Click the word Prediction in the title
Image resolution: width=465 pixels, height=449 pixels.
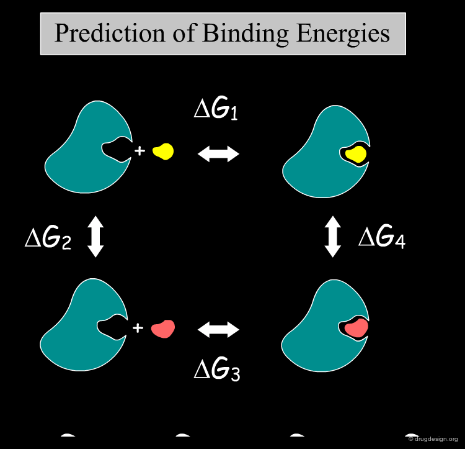click(110, 33)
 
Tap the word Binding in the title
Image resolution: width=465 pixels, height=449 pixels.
click(246, 34)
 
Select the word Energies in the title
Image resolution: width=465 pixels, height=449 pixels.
click(343, 34)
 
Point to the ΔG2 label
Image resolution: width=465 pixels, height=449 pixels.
click(48, 238)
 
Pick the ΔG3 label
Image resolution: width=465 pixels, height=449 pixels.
click(217, 369)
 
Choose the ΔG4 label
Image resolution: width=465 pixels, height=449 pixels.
click(382, 237)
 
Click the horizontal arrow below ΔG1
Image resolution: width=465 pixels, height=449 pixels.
click(219, 154)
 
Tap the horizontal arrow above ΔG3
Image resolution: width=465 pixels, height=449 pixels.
click(219, 330)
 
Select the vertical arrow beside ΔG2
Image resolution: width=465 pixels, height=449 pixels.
click(95, 237)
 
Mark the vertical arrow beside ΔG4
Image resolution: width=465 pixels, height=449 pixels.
click(333, 237)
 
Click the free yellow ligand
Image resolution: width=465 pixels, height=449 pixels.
click(163, 152)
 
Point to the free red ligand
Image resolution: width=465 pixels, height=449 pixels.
click(163, 329)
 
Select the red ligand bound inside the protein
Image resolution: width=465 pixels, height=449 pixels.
click(356, 328)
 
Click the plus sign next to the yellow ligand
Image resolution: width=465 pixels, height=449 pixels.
click(139, 151)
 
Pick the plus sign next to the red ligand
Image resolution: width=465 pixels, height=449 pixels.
click(138, 328)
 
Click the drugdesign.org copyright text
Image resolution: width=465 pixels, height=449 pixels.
click(433, 439)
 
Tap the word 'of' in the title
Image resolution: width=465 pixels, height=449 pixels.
click(184, 33)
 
